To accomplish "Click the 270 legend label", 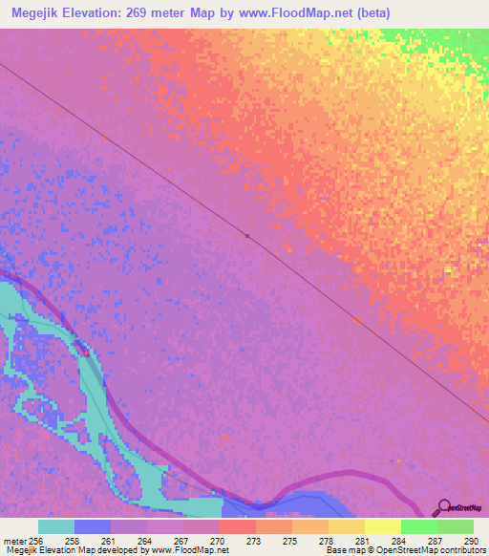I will tap(218, 540).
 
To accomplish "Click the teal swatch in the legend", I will tap(56, 526).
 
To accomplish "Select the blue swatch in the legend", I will tap(93, 526).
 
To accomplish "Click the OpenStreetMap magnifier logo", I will tap(442, 508).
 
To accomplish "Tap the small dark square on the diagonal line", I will tap(246, 235).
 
